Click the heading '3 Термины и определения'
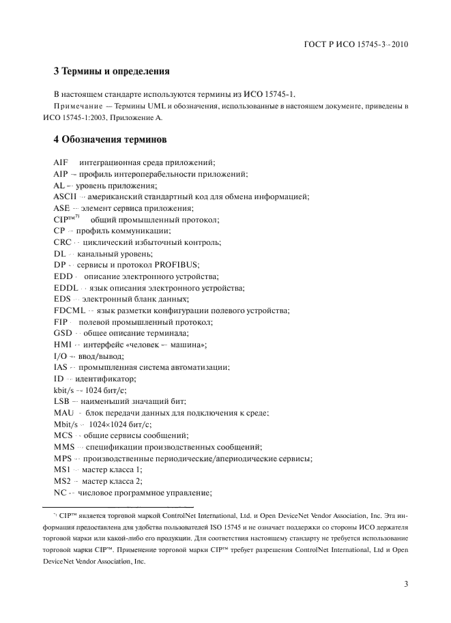tap(111, 71)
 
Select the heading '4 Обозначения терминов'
tap(109, 141)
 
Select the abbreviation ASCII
tap(66, 197)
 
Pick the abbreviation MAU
tap(64, 413)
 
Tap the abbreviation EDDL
tap(66, 288)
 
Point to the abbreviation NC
tap(60, 493)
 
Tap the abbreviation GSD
tap(63, 333)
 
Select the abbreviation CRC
tap(63, 242)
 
